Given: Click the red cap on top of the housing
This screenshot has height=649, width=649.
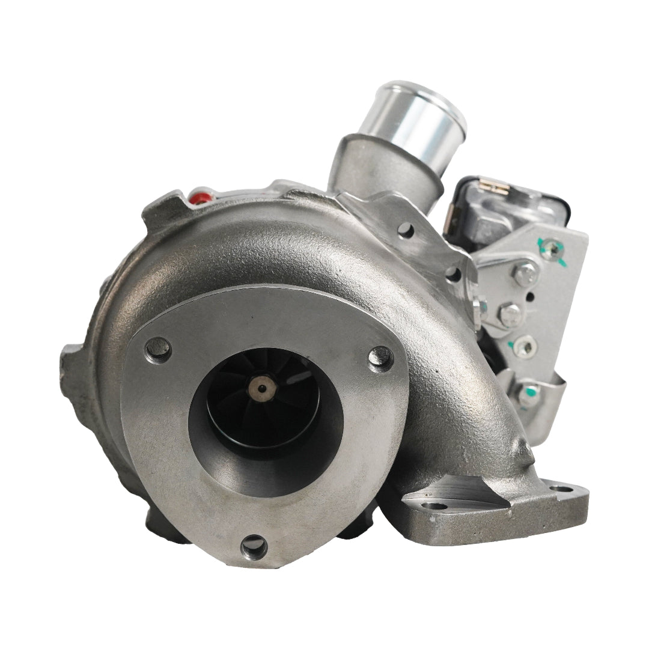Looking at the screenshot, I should point(200,197).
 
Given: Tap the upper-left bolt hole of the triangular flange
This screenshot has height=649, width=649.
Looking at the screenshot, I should point(158,349).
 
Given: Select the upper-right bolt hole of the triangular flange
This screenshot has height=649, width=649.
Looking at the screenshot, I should point(380,359).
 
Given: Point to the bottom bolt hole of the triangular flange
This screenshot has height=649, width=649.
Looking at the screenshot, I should point(254,546).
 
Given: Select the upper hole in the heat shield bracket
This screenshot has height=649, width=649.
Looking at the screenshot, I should point(406,230).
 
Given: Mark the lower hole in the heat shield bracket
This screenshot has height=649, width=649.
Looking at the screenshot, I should point(452,275).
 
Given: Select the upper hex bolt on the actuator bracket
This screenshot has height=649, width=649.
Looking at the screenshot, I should point(525,274).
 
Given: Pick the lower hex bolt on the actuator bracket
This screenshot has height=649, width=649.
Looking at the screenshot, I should point(510,314).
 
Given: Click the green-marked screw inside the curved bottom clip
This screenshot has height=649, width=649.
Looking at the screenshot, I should point(528,394).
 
